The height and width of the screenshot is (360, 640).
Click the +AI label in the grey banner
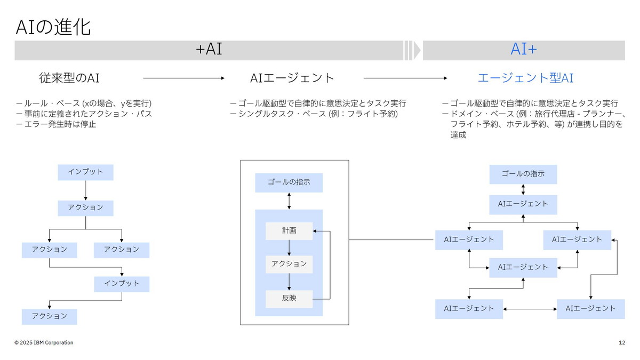pos(209,50)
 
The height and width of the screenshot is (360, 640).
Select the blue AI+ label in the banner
pos(523,50)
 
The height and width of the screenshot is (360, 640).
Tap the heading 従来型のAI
pos(69,78)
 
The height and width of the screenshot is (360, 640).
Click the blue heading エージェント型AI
pos(525,78)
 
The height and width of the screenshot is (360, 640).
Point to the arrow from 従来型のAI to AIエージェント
pos(184,78)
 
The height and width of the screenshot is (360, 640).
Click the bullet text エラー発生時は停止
pos(59,125)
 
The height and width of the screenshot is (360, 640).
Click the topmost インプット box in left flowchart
pos(85,172)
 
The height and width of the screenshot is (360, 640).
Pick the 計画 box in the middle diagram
pos(289,231)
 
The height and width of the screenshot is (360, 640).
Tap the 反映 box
pos(289,299)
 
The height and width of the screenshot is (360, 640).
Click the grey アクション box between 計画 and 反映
pos(289,264)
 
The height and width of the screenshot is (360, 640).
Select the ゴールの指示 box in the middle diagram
pos(289,182)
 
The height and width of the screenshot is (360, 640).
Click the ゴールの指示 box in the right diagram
pos(523,174)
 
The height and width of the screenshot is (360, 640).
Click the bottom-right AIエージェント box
pos(590,309)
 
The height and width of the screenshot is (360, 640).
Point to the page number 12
pos(622,342)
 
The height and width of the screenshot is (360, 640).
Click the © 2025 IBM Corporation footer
pos(44,342)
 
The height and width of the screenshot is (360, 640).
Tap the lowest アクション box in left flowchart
pos(49,316)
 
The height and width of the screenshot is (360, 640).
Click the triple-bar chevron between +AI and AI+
pos(412,50)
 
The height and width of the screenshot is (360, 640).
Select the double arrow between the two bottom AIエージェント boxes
pos(530,309)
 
